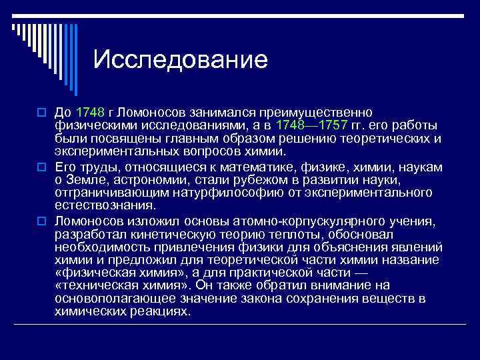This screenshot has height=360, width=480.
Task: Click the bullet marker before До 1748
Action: tap(39, 111)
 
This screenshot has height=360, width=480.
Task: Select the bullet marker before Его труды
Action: tap(39, 166)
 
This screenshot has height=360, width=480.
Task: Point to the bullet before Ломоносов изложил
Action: tap(39, 221)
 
